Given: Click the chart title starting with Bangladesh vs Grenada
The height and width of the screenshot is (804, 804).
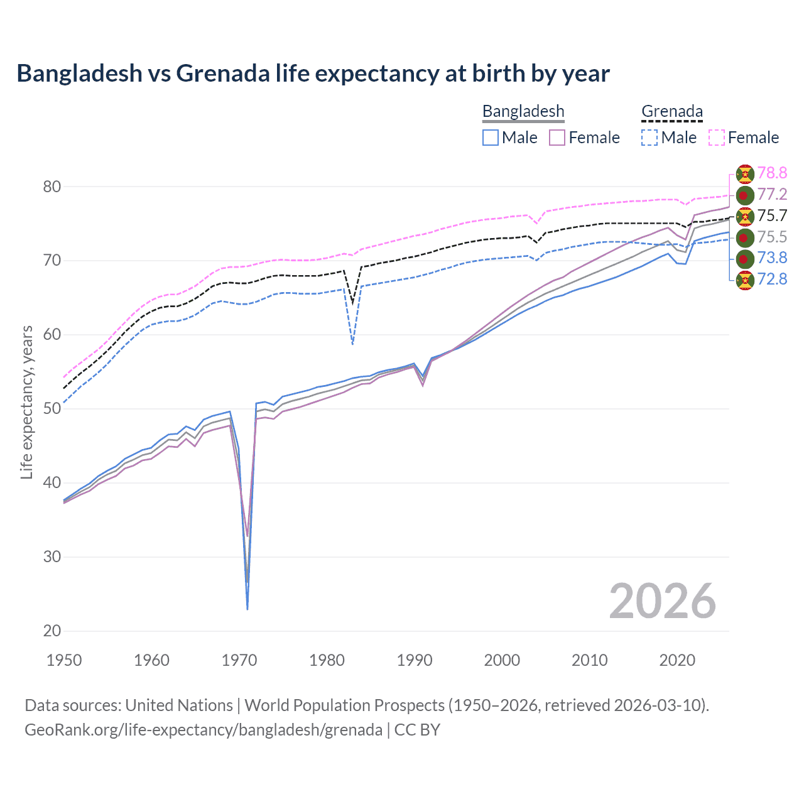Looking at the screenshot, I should click(313, 73).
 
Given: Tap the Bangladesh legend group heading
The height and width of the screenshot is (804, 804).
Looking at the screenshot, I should click(523, 111).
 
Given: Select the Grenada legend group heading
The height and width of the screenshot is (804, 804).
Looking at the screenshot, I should click(671, 111).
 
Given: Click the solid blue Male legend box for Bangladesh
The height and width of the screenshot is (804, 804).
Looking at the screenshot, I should click(491, 138).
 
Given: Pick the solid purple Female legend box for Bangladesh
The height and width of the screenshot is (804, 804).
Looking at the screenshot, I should click(557, 138).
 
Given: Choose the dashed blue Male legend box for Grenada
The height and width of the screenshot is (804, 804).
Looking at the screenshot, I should click(649, 138).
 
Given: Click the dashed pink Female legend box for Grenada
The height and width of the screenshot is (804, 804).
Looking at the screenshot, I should click(716, 138).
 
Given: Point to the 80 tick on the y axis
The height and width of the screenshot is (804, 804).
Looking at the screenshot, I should click(52, 187).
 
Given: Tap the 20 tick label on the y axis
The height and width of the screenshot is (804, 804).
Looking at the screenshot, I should click(52, 631).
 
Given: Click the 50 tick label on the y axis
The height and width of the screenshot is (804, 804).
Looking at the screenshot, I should click(52, 409).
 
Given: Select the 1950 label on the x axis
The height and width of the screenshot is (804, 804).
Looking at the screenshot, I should click(64, 660).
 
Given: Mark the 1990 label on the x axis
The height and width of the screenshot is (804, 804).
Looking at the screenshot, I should click(415, 660).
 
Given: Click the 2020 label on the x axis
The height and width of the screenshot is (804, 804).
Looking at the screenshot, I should click(677, 660).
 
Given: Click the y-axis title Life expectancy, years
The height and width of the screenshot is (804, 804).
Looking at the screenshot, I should click(26, 402).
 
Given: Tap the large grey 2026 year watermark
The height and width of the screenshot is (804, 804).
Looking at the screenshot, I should click(662, 601).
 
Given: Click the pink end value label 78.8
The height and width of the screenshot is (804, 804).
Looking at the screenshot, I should click(772, 173).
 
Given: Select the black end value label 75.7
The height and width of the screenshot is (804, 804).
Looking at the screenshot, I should click(772, 215).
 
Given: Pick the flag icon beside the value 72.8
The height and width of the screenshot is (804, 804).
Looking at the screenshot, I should click(744, 280).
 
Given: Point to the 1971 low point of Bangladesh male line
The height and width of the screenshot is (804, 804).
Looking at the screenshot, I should click(247, 609).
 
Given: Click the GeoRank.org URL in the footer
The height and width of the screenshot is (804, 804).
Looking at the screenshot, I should click(204, 730).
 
